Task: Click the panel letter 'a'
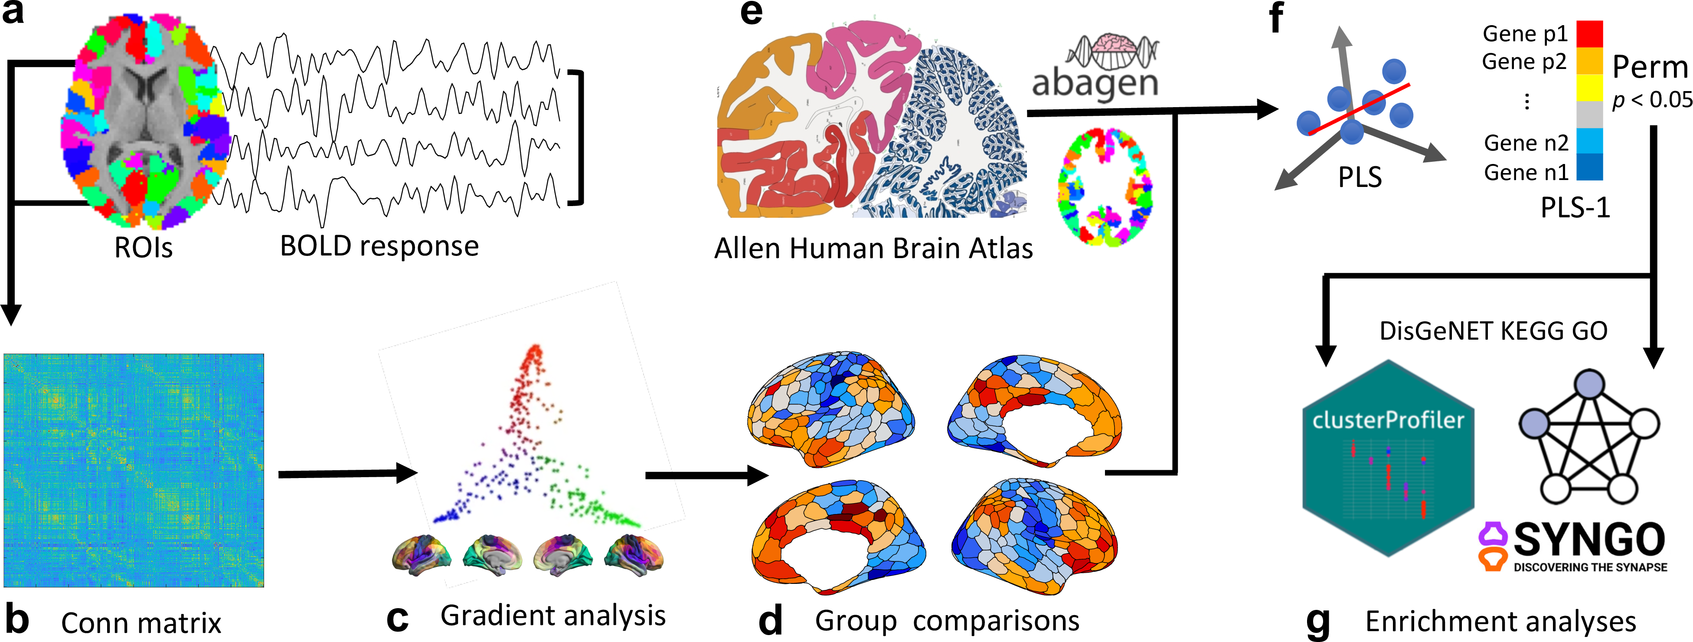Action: click(13, 13)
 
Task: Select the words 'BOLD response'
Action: click(379, 246)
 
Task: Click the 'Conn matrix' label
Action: click(141, 623)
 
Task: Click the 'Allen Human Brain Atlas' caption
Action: click(873, 249)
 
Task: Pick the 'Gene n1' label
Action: click(1526, 173)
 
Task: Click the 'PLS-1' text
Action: click(1575, 208)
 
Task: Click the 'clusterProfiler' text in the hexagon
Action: click(1388, 420)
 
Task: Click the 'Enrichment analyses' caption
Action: click(1500, 622)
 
